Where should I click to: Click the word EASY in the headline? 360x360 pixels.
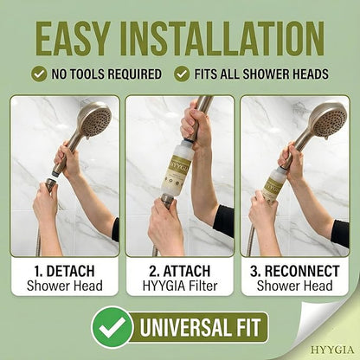click(x=73, y=39)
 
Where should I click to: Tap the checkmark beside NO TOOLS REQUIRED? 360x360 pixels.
click(x=39, y=74)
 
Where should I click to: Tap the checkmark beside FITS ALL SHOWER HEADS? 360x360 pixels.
click(x=182, y=74)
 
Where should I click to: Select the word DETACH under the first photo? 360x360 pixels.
click(x=70, y=271)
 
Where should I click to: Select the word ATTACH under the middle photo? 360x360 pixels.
click(x=187, y=271)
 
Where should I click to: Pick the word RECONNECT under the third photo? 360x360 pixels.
click(x=302, y=271)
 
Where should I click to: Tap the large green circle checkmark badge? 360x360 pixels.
click(x=112, y=327)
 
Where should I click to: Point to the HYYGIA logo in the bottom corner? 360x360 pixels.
click(x=332, y=350)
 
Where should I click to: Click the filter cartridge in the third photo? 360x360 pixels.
click(x=273, y=186)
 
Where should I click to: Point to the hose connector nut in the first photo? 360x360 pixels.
click(x=51, y=185)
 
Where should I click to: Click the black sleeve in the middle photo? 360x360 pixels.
click(x=224, y=217)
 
